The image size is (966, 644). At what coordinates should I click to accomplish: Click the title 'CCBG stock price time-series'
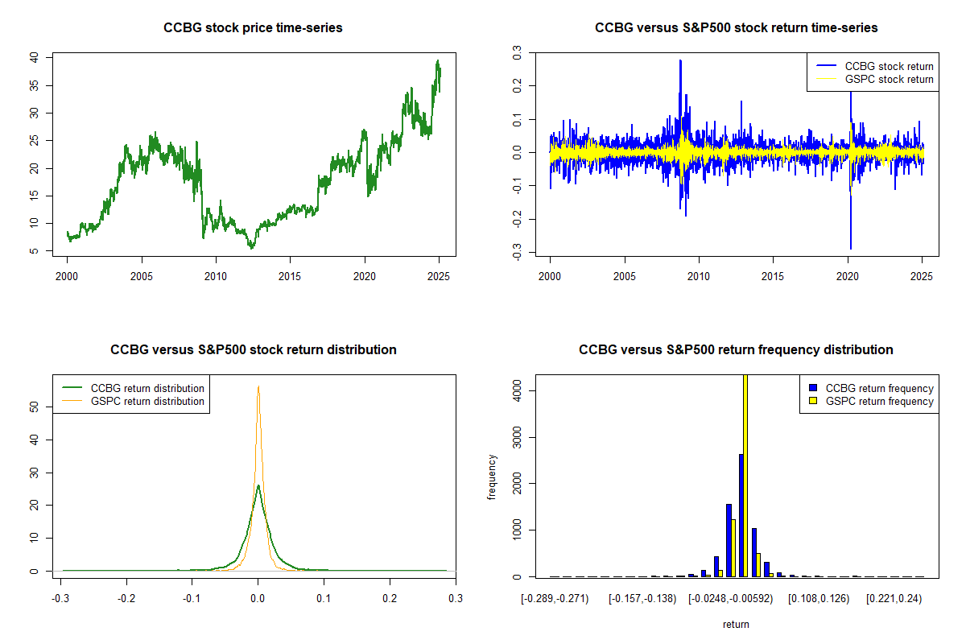[253, 28]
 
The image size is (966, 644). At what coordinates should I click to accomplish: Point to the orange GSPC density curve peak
[258, 386]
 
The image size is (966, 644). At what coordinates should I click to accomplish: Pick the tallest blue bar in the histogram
[741, 515]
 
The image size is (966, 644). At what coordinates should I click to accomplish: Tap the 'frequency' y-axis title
[492, 477]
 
